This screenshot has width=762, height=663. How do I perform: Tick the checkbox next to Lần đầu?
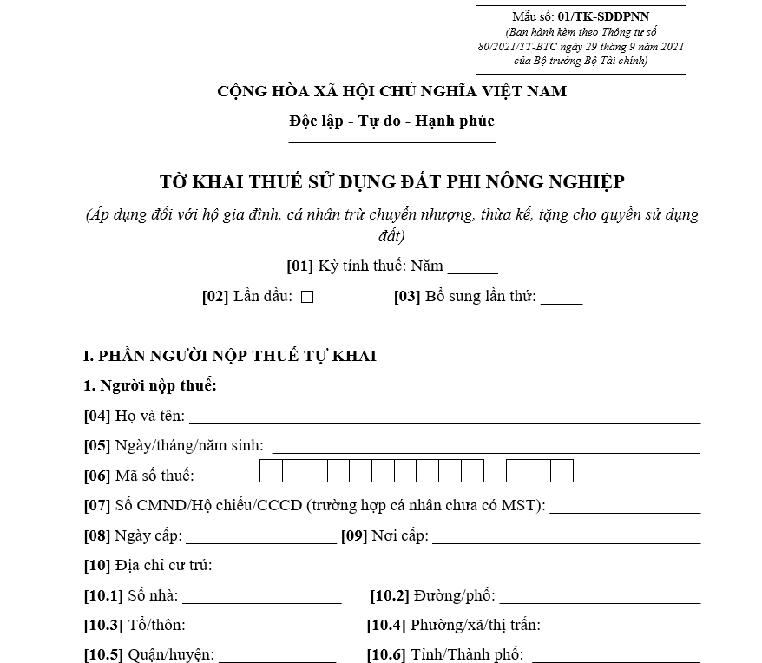point(307,297)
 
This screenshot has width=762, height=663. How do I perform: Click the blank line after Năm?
point(472,268)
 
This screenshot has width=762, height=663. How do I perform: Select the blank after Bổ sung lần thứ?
point(562,299)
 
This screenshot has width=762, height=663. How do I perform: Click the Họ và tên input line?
point(444,417)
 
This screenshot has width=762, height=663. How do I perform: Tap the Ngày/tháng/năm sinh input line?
point(486,447)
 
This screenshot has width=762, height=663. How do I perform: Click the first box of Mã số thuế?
point(271,471)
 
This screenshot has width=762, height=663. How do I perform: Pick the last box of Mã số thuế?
point(562,471)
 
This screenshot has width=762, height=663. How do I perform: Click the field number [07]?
point(96,506)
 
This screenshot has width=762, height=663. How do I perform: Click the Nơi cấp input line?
point(566,537)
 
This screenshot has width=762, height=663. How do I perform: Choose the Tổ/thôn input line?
point(265,627)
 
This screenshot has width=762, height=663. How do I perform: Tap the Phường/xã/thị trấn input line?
point(624,627)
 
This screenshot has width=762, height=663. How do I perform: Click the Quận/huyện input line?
point(277,656)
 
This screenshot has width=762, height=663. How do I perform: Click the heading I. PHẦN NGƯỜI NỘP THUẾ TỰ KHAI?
point(230,357)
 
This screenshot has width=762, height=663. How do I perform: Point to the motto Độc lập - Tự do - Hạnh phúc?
point(391,121)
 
